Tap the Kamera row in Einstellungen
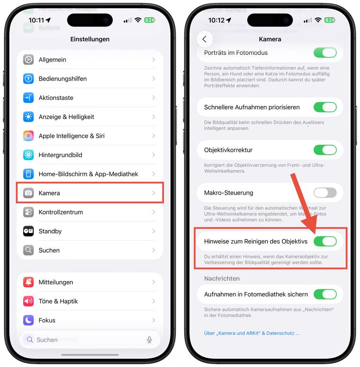[90, 193]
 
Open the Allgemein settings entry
[90, 60]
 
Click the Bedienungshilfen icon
[28, 79]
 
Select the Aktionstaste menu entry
[90, 98]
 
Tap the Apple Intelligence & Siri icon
[28, 136]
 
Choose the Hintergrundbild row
[90, 155]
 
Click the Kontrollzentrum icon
[28, 212]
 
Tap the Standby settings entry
[90, 231]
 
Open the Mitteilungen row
[90, 282]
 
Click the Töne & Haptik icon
[28, 301]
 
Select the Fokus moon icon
[28, 320]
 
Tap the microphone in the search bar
[149, 340]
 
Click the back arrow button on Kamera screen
[204, 39]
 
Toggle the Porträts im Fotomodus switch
[325, 53]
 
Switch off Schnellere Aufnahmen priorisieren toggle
[325, 107]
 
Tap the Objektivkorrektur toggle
[325, 150]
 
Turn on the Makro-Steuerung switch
[325, 193]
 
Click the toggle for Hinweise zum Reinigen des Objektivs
[325, 241]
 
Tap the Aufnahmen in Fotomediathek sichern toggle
[325, 294]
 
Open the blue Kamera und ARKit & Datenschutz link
[252, 333]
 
